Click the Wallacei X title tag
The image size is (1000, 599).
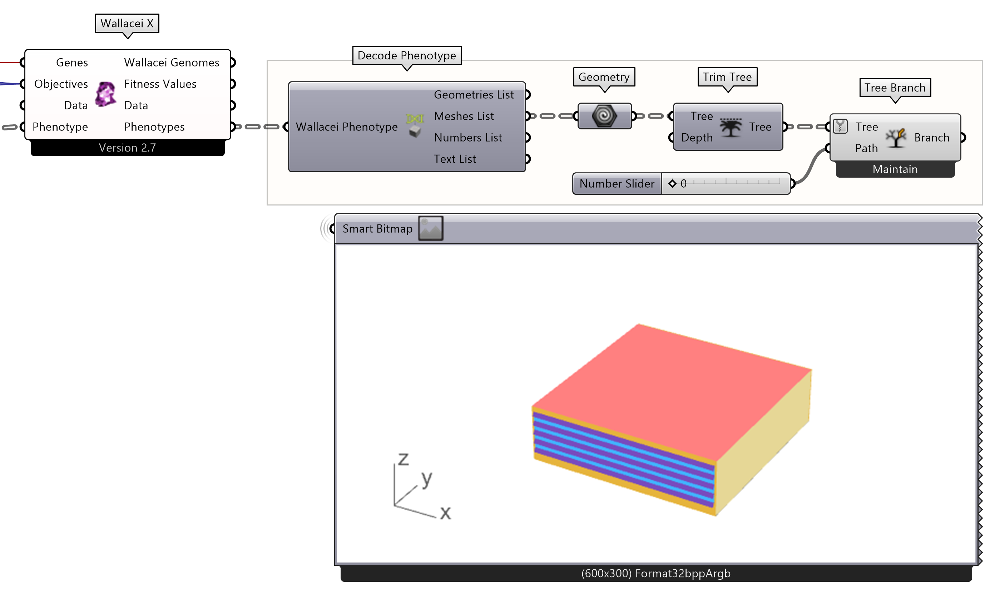[127, 24]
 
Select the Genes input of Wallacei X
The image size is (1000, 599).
[71, 63]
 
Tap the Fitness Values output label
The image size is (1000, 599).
[160, 84]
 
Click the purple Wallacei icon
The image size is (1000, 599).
[106, 94]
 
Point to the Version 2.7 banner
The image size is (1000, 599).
[127, 148]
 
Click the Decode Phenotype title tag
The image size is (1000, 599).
[406, 56]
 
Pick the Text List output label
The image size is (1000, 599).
[455, 159]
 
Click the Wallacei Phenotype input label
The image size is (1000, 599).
[346, 127]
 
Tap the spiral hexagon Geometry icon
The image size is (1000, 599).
[604, 116]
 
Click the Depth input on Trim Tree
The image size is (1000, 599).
[697, 138]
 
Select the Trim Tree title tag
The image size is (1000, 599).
[727, 77]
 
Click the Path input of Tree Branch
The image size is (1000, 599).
[866, 149]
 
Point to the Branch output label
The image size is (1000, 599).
[931, 138]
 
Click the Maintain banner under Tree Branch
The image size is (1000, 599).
[895, 169]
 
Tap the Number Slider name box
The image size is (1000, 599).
[617, 184]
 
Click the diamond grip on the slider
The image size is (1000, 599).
[672, 184]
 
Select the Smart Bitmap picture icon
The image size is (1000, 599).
[431, 229]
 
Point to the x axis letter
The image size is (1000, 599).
[445, 513]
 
